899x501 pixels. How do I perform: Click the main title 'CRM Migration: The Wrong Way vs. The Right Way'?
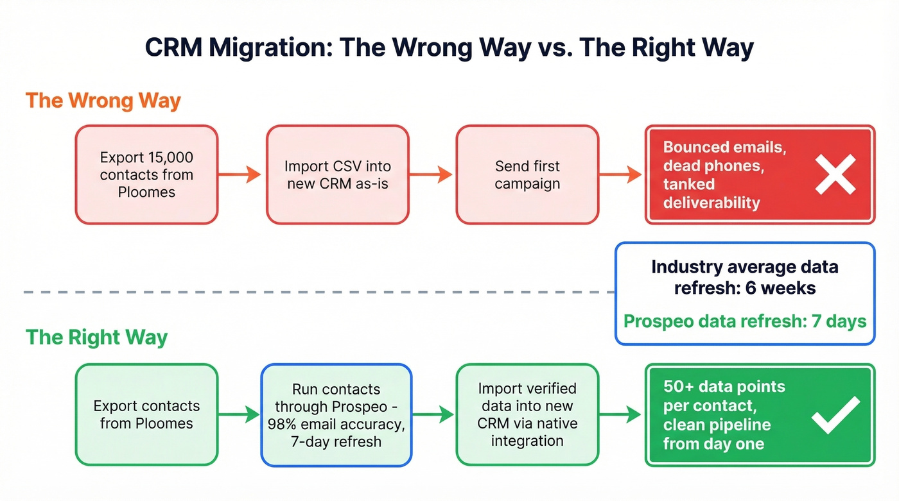click(449, 49)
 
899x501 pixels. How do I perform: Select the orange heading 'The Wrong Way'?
click(103, 101)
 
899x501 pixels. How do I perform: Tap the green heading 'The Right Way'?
click(96, 337)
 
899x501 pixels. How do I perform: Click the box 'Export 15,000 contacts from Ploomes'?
click(146, 174)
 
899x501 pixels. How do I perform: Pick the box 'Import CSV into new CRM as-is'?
click(337, 174)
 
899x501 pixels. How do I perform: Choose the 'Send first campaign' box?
click(527, 174)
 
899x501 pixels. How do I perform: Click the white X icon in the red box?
click(835, 174)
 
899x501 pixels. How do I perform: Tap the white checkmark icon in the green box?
click(835, 414)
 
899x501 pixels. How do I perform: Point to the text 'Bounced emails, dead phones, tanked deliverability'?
click(724, 175)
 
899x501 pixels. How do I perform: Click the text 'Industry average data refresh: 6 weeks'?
click(745, 277)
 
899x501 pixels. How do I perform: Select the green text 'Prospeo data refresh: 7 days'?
click(745, 321)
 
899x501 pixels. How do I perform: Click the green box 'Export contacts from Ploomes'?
click(146, 414)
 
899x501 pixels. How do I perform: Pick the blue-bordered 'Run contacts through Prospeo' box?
click(336, 414)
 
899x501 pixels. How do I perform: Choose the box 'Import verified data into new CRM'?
click(527, 414)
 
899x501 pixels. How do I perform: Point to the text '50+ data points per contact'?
click(724, 396)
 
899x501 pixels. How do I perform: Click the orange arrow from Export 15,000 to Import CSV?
click(241, 174)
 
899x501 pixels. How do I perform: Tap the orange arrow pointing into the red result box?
click(621, 174)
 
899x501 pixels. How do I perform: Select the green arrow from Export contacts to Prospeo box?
click(239, 414)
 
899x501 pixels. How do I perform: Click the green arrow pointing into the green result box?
click(621, 414)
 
